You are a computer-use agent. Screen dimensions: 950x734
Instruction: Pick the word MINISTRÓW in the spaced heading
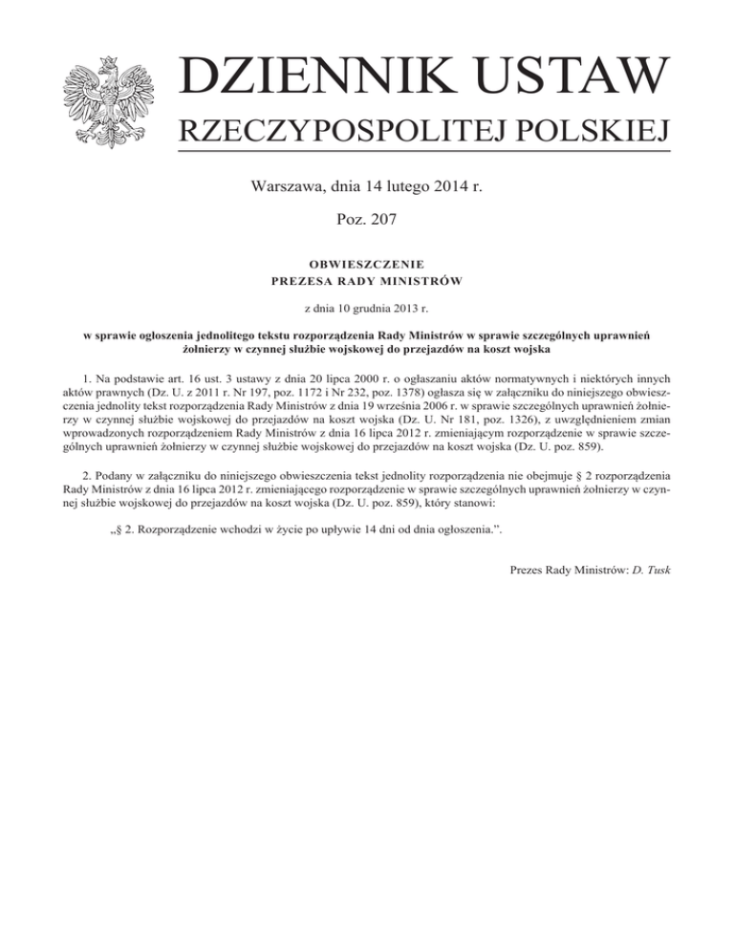(x=419, y=280)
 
